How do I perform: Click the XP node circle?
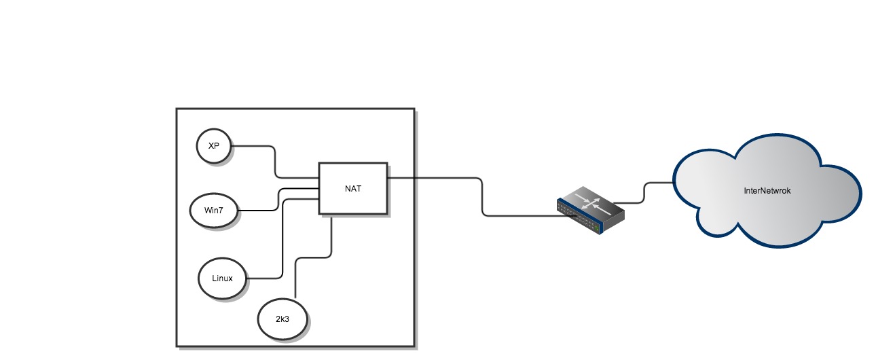(213, 146)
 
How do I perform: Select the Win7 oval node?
(213, 210)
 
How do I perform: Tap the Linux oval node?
(221, 278)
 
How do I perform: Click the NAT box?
(353, 188)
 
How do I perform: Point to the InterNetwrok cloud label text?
(767, 191)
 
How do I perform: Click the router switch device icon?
(590, 211)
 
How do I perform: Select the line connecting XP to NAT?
(274, 160)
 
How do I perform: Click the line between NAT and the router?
(482, 197)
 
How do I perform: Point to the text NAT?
(353, 188)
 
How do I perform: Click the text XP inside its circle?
(213, 146)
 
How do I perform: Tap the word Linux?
(221, 278)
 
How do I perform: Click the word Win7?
(213, 210)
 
